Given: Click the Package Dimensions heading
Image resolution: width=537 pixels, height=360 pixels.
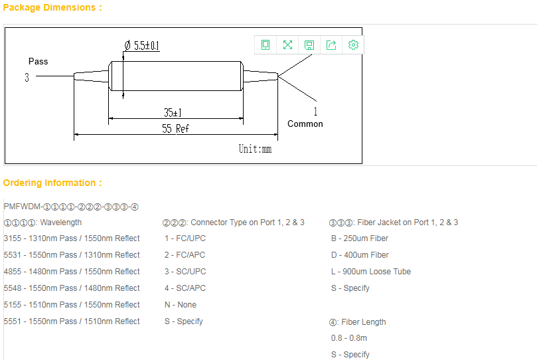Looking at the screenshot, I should click(x=52, y=7).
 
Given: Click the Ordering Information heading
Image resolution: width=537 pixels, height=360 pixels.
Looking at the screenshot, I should click(x=52, y=183).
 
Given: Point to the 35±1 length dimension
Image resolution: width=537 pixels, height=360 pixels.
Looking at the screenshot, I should click(x=173, y=112).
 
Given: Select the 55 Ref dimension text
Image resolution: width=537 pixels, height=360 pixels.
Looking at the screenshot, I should click(x=175, y=128).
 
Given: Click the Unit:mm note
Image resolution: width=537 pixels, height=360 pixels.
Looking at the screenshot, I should click(x=255, y=149).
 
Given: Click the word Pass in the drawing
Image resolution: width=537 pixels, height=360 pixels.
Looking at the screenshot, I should click(x=38, y=61).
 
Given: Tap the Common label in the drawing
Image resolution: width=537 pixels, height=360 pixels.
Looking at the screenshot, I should click(x=305, y=124).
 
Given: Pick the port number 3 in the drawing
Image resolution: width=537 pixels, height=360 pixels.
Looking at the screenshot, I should click(x=27, y=77).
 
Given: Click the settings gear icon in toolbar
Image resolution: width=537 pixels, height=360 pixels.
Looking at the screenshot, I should click(x=353, y=45).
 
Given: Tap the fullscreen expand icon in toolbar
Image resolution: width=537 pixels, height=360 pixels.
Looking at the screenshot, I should click(x=287, y=45).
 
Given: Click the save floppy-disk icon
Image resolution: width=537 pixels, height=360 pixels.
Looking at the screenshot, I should click(x=309, y=45).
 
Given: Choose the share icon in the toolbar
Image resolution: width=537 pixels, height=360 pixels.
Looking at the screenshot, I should click(x=331, y=45).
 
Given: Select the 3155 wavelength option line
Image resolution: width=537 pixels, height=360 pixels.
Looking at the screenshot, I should click(x=72, y=238).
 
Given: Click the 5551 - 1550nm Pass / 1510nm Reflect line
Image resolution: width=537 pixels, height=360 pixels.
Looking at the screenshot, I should click(x=72, y=321).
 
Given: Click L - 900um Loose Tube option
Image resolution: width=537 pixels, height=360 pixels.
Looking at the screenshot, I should click(x=370, y=272).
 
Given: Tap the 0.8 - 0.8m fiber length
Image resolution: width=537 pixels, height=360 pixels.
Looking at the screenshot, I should click(x=348, y=338).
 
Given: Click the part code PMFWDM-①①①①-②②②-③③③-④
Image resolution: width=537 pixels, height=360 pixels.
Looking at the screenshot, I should click(x=71, y=207).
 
